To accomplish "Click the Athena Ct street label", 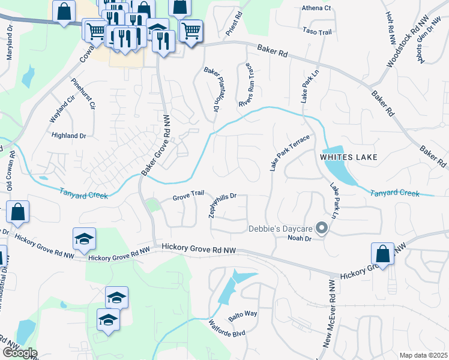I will coord(316,8).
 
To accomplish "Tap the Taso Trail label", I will coord(317,31).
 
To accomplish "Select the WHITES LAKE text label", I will coord(349,157).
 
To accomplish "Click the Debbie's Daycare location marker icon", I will coord(322,228).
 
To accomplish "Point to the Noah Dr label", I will coord(300,239).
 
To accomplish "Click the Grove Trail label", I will coord(188,196).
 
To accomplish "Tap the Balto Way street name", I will coord(243,314).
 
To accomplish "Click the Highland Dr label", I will coord(69,136).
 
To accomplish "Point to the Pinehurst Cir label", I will coord(83,94).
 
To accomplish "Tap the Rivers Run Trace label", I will coord(248,85).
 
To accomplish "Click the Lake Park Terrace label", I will coord(289,154).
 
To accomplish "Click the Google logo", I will coord(19,353).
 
